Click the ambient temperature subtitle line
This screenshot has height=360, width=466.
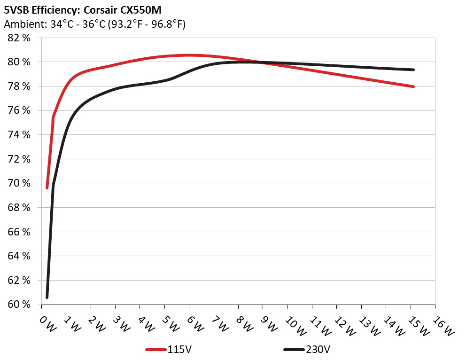pyautogui.click(x=94, y=24)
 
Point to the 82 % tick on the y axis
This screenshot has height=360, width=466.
pyautogui.click(x=20, y=38)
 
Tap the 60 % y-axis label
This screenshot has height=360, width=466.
pyautogui.click(x=20, y=305)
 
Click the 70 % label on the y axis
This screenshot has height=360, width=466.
pyautogui.click(x=20, y=183)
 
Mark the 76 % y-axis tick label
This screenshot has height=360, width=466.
pyautogui.click(x=20, y=110)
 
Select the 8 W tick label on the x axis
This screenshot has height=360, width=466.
pyautogui.click(x=244, y=323)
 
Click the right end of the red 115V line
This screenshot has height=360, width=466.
pyautogui.click(x=413, y=86)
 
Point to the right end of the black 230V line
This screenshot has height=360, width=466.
pyautogui.click(x=413, y=70)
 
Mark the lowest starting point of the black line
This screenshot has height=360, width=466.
pyautogui.click(x=47, y=297)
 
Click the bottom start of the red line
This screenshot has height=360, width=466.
pyautogui.click(x=47, y=188)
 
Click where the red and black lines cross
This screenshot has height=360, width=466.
pyautogui.click(x=261, y=62)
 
